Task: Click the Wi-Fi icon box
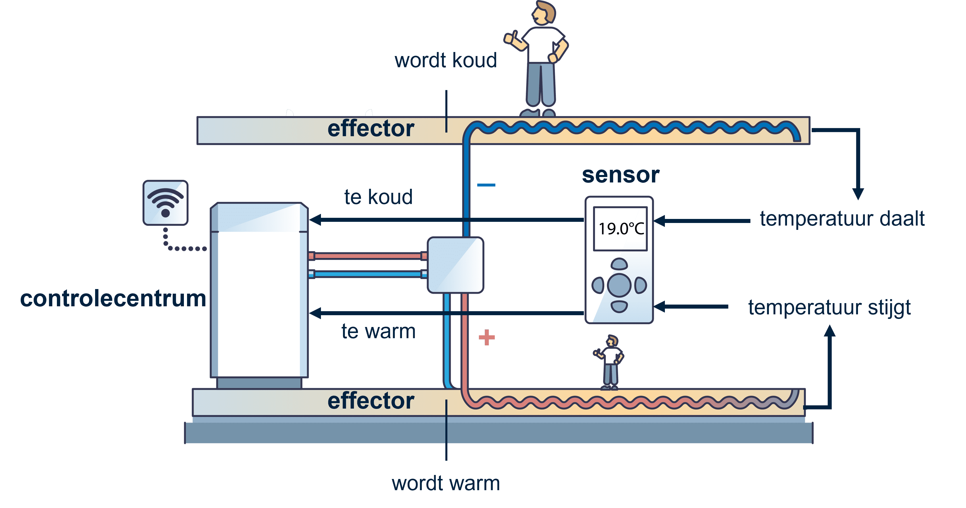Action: pos(166,203)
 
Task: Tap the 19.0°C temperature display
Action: pos(621,228)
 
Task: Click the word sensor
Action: pos(621,175)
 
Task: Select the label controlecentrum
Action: pos(113,299)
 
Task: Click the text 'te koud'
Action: pos(378,197)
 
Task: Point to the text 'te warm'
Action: pos(378,331)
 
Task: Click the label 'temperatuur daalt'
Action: pos(842,219)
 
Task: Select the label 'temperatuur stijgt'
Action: pos(830,307)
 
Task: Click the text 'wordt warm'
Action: pos(446,483)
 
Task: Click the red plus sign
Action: pos(487,337)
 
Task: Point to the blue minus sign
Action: pos(486,185)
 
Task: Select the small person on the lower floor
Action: pos(610,362)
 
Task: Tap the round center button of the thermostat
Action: pos(619,285)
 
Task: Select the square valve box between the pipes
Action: pos(455,265)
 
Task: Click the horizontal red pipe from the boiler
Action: pos(367,256)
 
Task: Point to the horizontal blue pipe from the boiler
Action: pos(367,274)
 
